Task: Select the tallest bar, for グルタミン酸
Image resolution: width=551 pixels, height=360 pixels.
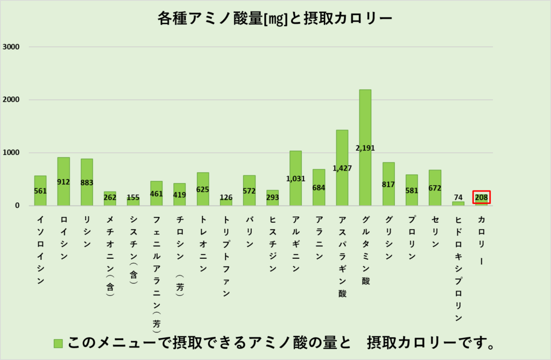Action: [x=365, y=129]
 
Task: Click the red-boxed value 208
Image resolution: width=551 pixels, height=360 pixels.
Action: [x=482, y=197]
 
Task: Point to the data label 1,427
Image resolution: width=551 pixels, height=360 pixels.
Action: [x=342, y=168]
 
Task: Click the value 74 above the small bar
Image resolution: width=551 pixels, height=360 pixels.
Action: [x=458, y=196]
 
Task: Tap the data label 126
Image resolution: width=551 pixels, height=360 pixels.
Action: [x=226, y=196]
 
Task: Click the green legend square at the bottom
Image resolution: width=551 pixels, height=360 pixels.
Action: [x=59, y=343]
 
